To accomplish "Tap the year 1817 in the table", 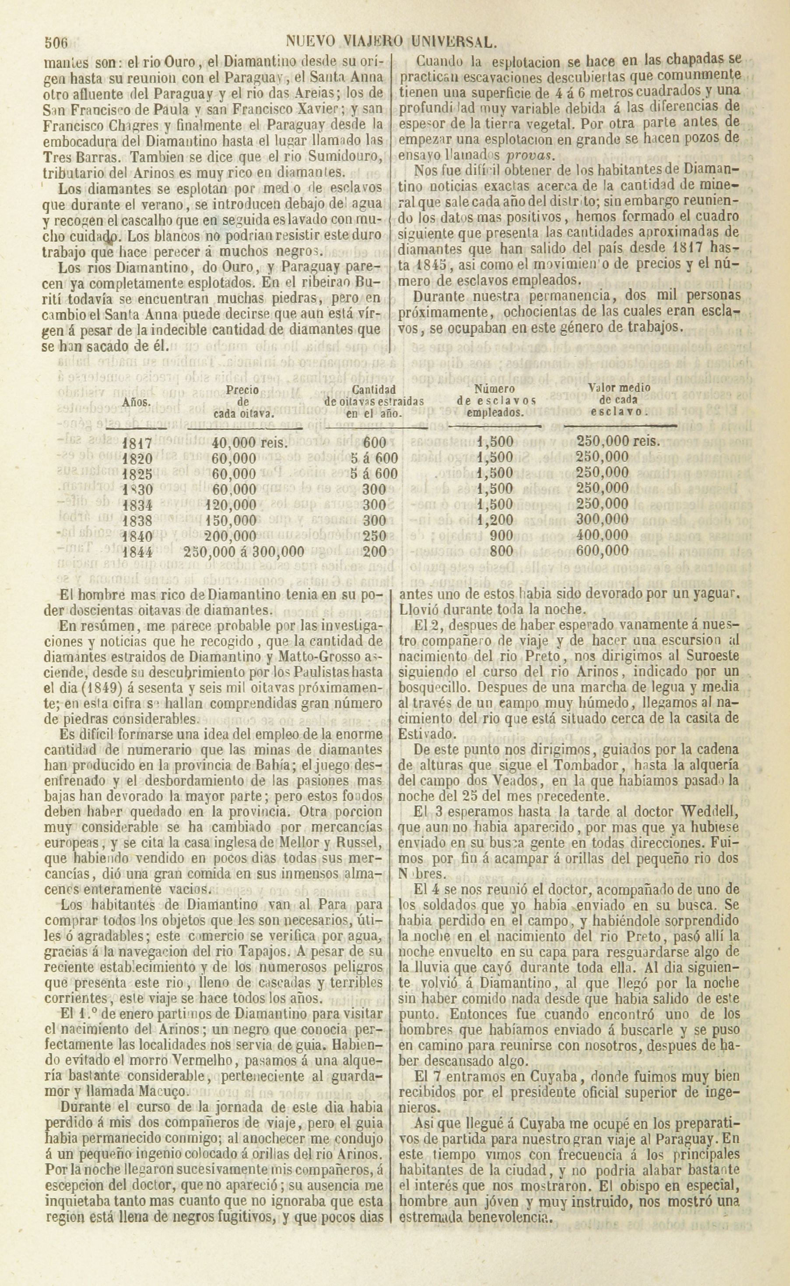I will tap(137, 443).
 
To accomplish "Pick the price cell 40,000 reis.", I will tap(250, 443).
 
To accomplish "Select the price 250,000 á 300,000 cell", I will tap(244, 552).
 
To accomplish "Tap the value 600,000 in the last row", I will tap(602, 551).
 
